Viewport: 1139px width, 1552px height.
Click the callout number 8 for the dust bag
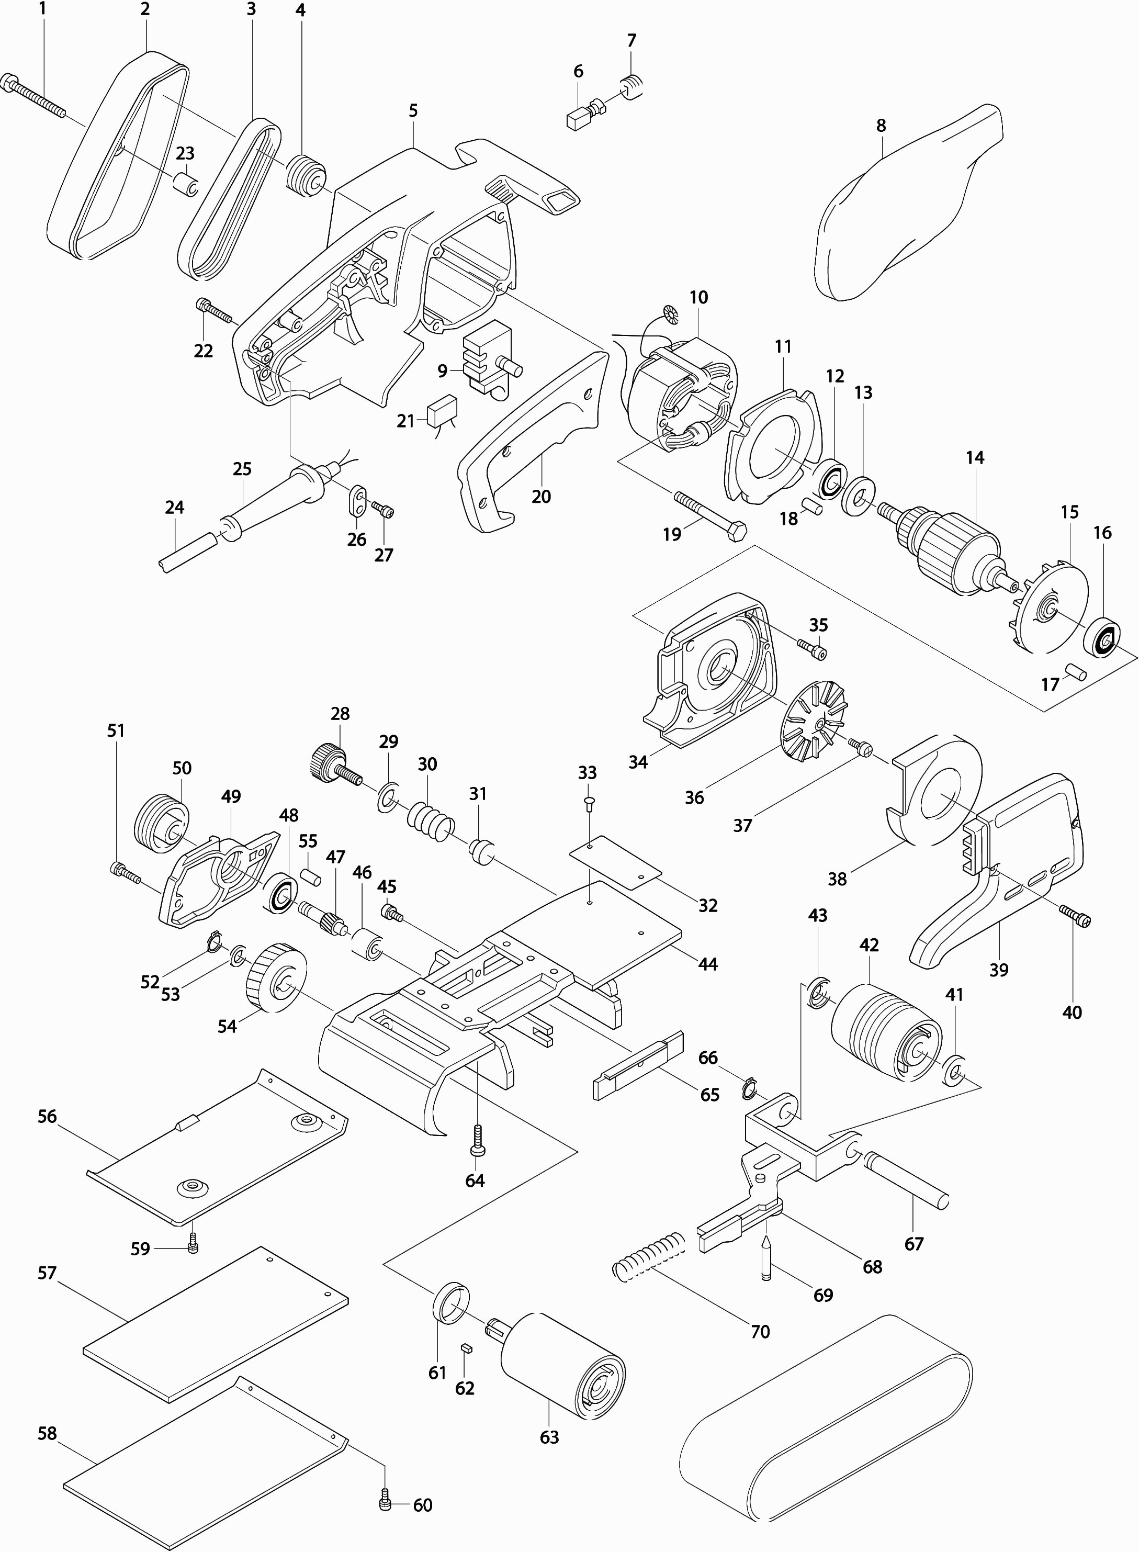[881, 126]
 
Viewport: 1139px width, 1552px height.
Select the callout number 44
[707, 963]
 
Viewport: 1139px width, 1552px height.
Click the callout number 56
[47, 1116]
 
